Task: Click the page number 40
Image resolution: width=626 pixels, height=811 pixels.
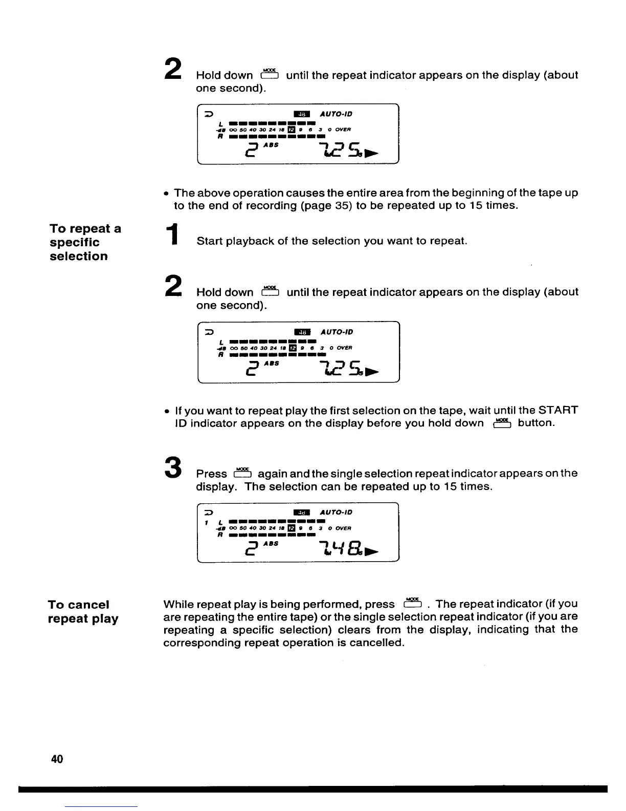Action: point(57,759)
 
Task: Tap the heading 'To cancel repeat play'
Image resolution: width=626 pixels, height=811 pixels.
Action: point(83,611)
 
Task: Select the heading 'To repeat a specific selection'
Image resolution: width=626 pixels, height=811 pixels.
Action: point(85,242)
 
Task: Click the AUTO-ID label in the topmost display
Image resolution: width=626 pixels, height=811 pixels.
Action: point(336,114)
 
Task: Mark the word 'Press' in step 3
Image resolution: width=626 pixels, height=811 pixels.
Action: point(211,474)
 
